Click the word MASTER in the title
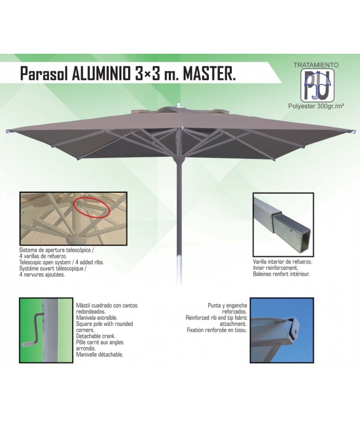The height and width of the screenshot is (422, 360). (x=209, y=73)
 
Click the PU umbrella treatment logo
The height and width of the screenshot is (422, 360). (x=318, y=85)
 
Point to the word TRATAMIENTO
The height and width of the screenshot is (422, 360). (x=316, y=65)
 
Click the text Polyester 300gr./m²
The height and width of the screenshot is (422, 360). (x=316, y=106)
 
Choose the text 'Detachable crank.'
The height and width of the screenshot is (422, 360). (x=96, y=336)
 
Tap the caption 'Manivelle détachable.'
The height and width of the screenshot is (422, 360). (x=100, y=355)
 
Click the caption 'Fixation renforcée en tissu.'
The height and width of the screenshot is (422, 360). (x=217, y=331)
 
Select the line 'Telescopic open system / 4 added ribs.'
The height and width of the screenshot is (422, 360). (x=62, y=262)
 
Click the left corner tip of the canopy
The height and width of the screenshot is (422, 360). (x=7, y=132)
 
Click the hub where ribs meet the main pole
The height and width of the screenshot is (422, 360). (x=179, y=160)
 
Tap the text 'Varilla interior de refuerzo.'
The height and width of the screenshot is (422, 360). (x=282, y=261)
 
